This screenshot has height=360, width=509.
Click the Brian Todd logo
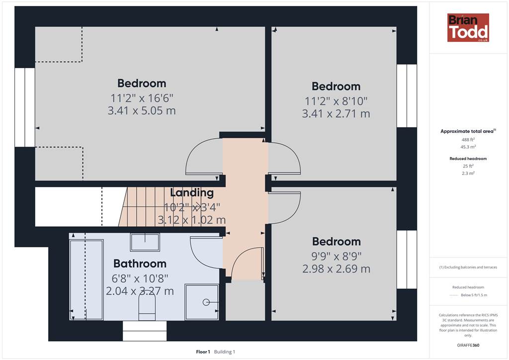[468, 27]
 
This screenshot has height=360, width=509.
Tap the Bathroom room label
[140, 264]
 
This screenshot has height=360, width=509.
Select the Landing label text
[192, 193]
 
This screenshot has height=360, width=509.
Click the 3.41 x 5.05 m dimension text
[142, 111]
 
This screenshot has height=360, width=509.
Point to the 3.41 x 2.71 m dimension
[336, 113]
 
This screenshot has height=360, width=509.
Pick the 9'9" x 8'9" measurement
[337, 256]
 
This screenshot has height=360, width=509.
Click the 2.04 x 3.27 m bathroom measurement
[140, 291]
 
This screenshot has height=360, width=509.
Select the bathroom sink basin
[145, 242]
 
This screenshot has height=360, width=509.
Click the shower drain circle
[206, 302]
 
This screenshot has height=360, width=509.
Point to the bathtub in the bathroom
[86, 280]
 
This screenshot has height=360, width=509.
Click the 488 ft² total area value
[468, 140]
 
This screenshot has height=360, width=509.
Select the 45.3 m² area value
[468, 147]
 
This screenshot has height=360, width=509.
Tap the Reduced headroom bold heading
[468, 159]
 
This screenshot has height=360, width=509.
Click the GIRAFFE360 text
[468, 345]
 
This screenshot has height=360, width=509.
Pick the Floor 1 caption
[203, 352]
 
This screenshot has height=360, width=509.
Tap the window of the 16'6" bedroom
[25, 107]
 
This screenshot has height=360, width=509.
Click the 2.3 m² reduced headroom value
[468, 174]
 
